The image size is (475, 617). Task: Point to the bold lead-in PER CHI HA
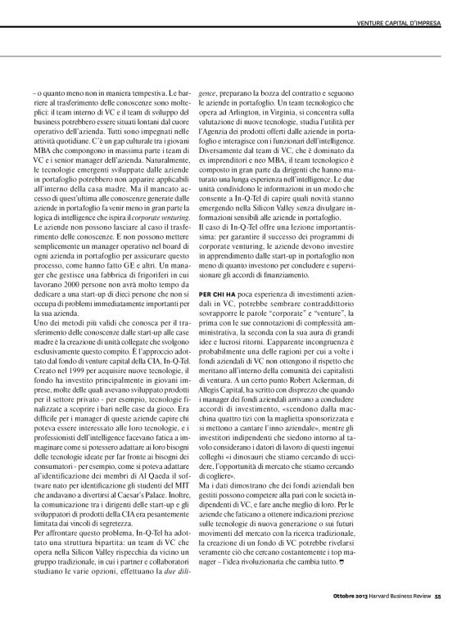click(269, 291)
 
